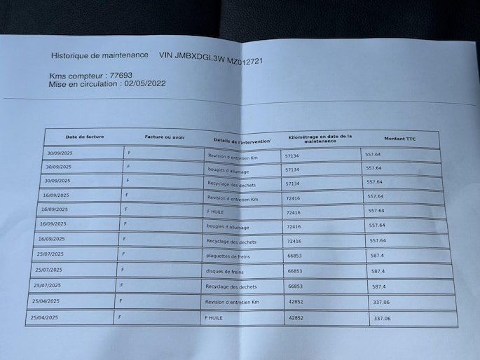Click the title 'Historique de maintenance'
pos(100,55)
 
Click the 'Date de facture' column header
pos(85,137)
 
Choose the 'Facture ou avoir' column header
pos(165,137)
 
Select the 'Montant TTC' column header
pos(399,139)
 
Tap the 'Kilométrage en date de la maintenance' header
pos(320,139)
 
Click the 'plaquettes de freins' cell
pos(228,257)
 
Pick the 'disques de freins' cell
pos(226,272)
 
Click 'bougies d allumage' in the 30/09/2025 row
pos(228,170)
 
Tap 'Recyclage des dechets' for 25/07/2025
pos(231,286)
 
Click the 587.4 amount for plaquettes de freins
pos(378,256)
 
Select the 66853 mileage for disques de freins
pos(295,271)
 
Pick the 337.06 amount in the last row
pos(382,319)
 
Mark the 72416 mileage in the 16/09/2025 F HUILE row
pos(293,212)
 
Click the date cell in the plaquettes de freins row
pos(50,254)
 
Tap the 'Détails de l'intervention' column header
pos(242,141)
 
